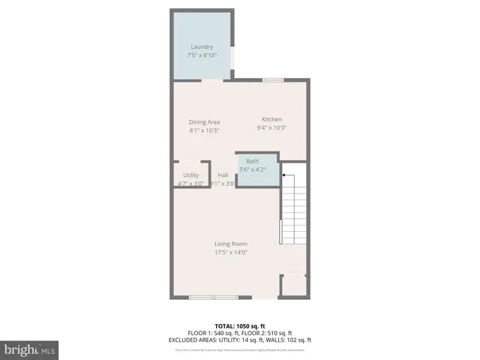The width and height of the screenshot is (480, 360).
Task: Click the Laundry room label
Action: [202, 47]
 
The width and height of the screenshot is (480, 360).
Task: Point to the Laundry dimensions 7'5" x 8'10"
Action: [202, 55]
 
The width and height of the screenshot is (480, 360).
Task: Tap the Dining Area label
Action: [204, 122]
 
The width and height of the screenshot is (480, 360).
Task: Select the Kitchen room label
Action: [271, 120]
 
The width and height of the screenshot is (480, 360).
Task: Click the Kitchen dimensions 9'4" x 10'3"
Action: [271, 127]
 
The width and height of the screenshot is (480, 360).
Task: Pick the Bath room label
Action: [253, 161]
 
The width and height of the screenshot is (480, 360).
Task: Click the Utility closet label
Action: [190, 175]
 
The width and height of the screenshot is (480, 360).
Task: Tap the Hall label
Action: [223, 175]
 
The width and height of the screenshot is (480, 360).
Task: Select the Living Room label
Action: [231, 244]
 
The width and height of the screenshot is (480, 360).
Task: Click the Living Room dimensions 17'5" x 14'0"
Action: [231, 252]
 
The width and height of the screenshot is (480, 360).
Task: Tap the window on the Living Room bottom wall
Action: [213, 298]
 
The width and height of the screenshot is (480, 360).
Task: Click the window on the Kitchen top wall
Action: [272, 79]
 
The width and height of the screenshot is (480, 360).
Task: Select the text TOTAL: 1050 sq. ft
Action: [239, 326]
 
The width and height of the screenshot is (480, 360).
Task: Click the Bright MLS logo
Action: [30, 349]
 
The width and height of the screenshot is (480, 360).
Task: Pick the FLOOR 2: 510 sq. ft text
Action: [268, 333]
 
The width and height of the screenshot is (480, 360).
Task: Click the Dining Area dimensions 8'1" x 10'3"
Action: [204, 130]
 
